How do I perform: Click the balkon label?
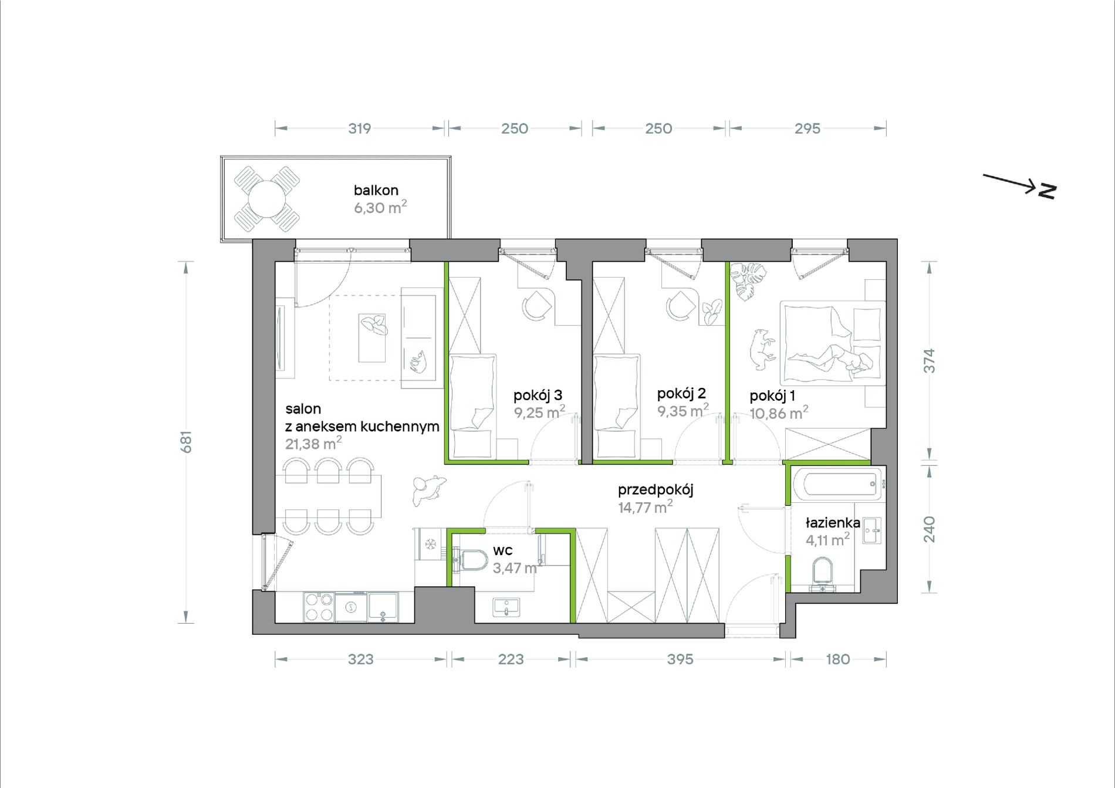click(x=376, y=190)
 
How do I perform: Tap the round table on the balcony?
click(x=266, y=199)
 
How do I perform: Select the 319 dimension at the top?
click(x=359, y=128)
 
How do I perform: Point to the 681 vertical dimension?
click(x=186, y=442)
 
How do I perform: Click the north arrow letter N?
click(x=1047, y=191)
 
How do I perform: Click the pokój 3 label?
click(x=538, y=395)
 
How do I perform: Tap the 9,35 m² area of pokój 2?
click(x=682, y=410)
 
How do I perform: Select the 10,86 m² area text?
click(x=779, y=412)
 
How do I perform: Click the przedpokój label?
click(x=656, y=490)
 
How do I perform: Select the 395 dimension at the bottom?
click(x=680, y=660)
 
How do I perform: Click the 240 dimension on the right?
click(x=930, y=529)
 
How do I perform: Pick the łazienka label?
click(x=833, y=523)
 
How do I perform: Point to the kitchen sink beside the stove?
click(x=383, y=607)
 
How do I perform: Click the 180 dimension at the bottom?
click(x=837, y=660)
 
